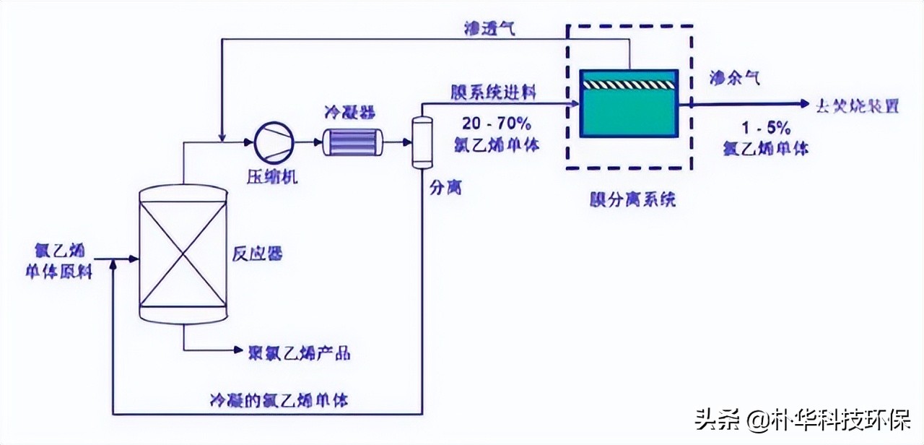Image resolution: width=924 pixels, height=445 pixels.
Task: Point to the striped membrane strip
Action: click(629, 83)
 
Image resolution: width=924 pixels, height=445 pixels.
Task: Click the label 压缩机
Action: click(273, 176)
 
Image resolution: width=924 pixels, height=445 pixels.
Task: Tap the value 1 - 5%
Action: click(767, 129)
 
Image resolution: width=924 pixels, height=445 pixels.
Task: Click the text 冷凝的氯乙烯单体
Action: click(278, 399)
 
